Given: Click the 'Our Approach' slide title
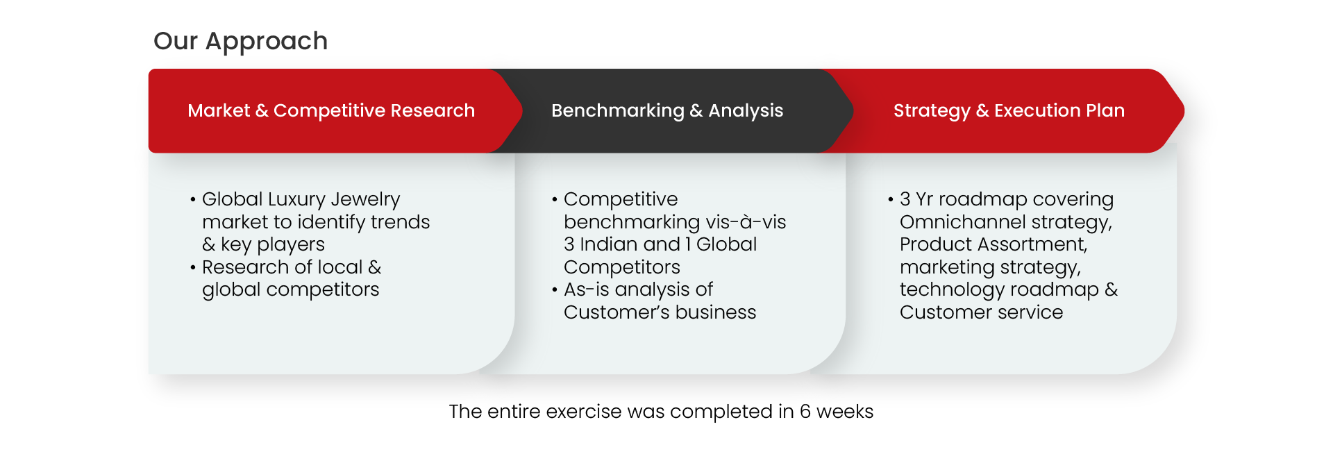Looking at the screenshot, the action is [240, 42].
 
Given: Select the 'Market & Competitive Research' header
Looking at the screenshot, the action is [331, 110].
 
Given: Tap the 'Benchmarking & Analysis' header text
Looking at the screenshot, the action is [667, 110].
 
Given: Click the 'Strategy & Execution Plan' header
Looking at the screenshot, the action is [1009, 110].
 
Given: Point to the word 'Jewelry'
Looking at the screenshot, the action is [365, 200].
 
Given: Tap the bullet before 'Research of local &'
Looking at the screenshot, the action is [193, 268].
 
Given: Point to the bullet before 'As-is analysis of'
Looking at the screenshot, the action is [555, 290].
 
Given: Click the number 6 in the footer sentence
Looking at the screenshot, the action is [805, 412].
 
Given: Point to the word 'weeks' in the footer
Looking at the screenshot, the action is [845, 412].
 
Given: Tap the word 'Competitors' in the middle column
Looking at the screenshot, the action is [622, 267].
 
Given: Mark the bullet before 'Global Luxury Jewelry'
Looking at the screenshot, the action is [193, 200].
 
